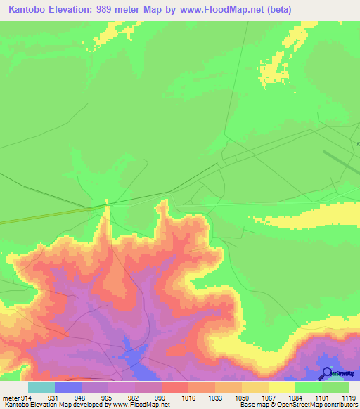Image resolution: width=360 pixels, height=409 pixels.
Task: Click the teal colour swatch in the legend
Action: (41, 387)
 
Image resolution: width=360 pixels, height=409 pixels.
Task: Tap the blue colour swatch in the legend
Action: (67, 387)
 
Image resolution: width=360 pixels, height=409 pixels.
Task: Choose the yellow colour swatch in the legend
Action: (281, 387)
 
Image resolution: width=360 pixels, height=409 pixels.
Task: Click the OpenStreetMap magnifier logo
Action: (326, 373)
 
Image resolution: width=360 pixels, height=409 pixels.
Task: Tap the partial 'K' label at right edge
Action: (357, 145)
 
